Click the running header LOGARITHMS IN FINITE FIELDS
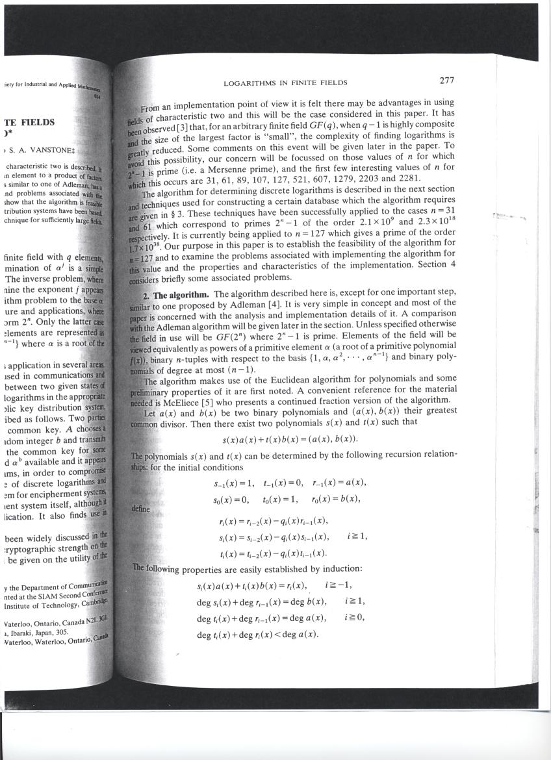coord(285,82)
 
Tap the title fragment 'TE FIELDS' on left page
coord(29,122)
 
